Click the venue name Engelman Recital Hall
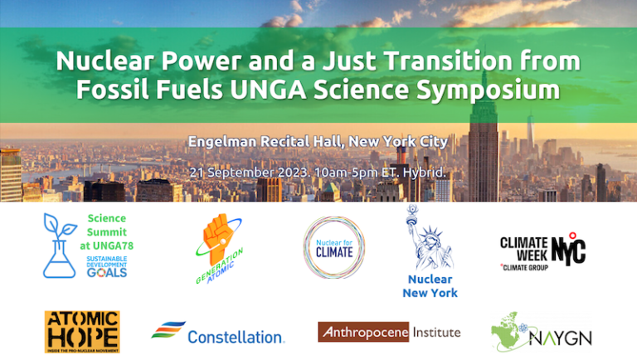[266, 141]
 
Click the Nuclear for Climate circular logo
[334, 247]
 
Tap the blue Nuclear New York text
[430, 286]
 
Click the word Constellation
[236, 338]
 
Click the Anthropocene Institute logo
[388, 333]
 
